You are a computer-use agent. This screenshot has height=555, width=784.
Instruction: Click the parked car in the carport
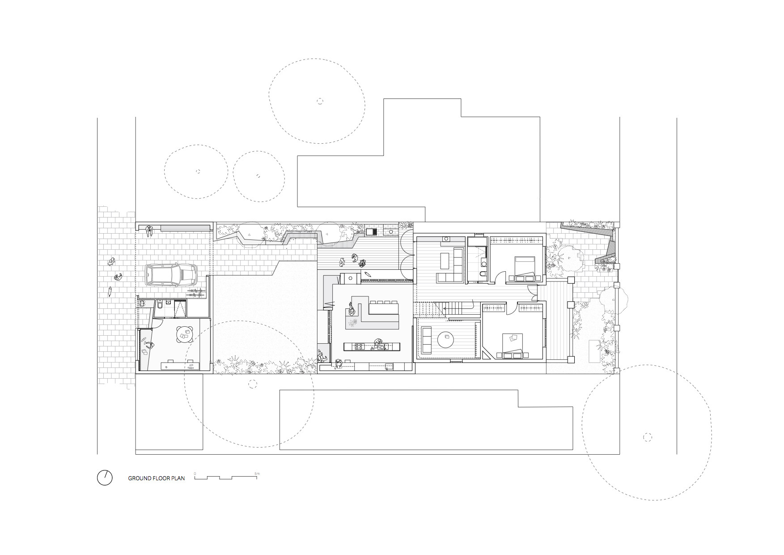pos(171,275)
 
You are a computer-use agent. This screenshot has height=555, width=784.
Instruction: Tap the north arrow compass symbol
pos(105,478)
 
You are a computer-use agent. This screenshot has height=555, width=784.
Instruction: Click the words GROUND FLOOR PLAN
pos(156,478)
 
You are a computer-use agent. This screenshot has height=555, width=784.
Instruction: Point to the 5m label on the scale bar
pos(257,473)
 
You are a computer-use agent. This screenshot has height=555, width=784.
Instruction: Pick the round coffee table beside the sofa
pos(446,339)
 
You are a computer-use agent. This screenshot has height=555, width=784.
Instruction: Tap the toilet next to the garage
pos(160,305)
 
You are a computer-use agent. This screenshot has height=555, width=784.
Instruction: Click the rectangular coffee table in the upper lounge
pos(445,260)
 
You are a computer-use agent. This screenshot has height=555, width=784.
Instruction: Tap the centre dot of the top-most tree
pos(320,101)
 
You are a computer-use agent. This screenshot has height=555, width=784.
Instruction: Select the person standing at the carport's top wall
pos(149,231)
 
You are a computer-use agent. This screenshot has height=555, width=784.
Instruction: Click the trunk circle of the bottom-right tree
pos(647,437)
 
